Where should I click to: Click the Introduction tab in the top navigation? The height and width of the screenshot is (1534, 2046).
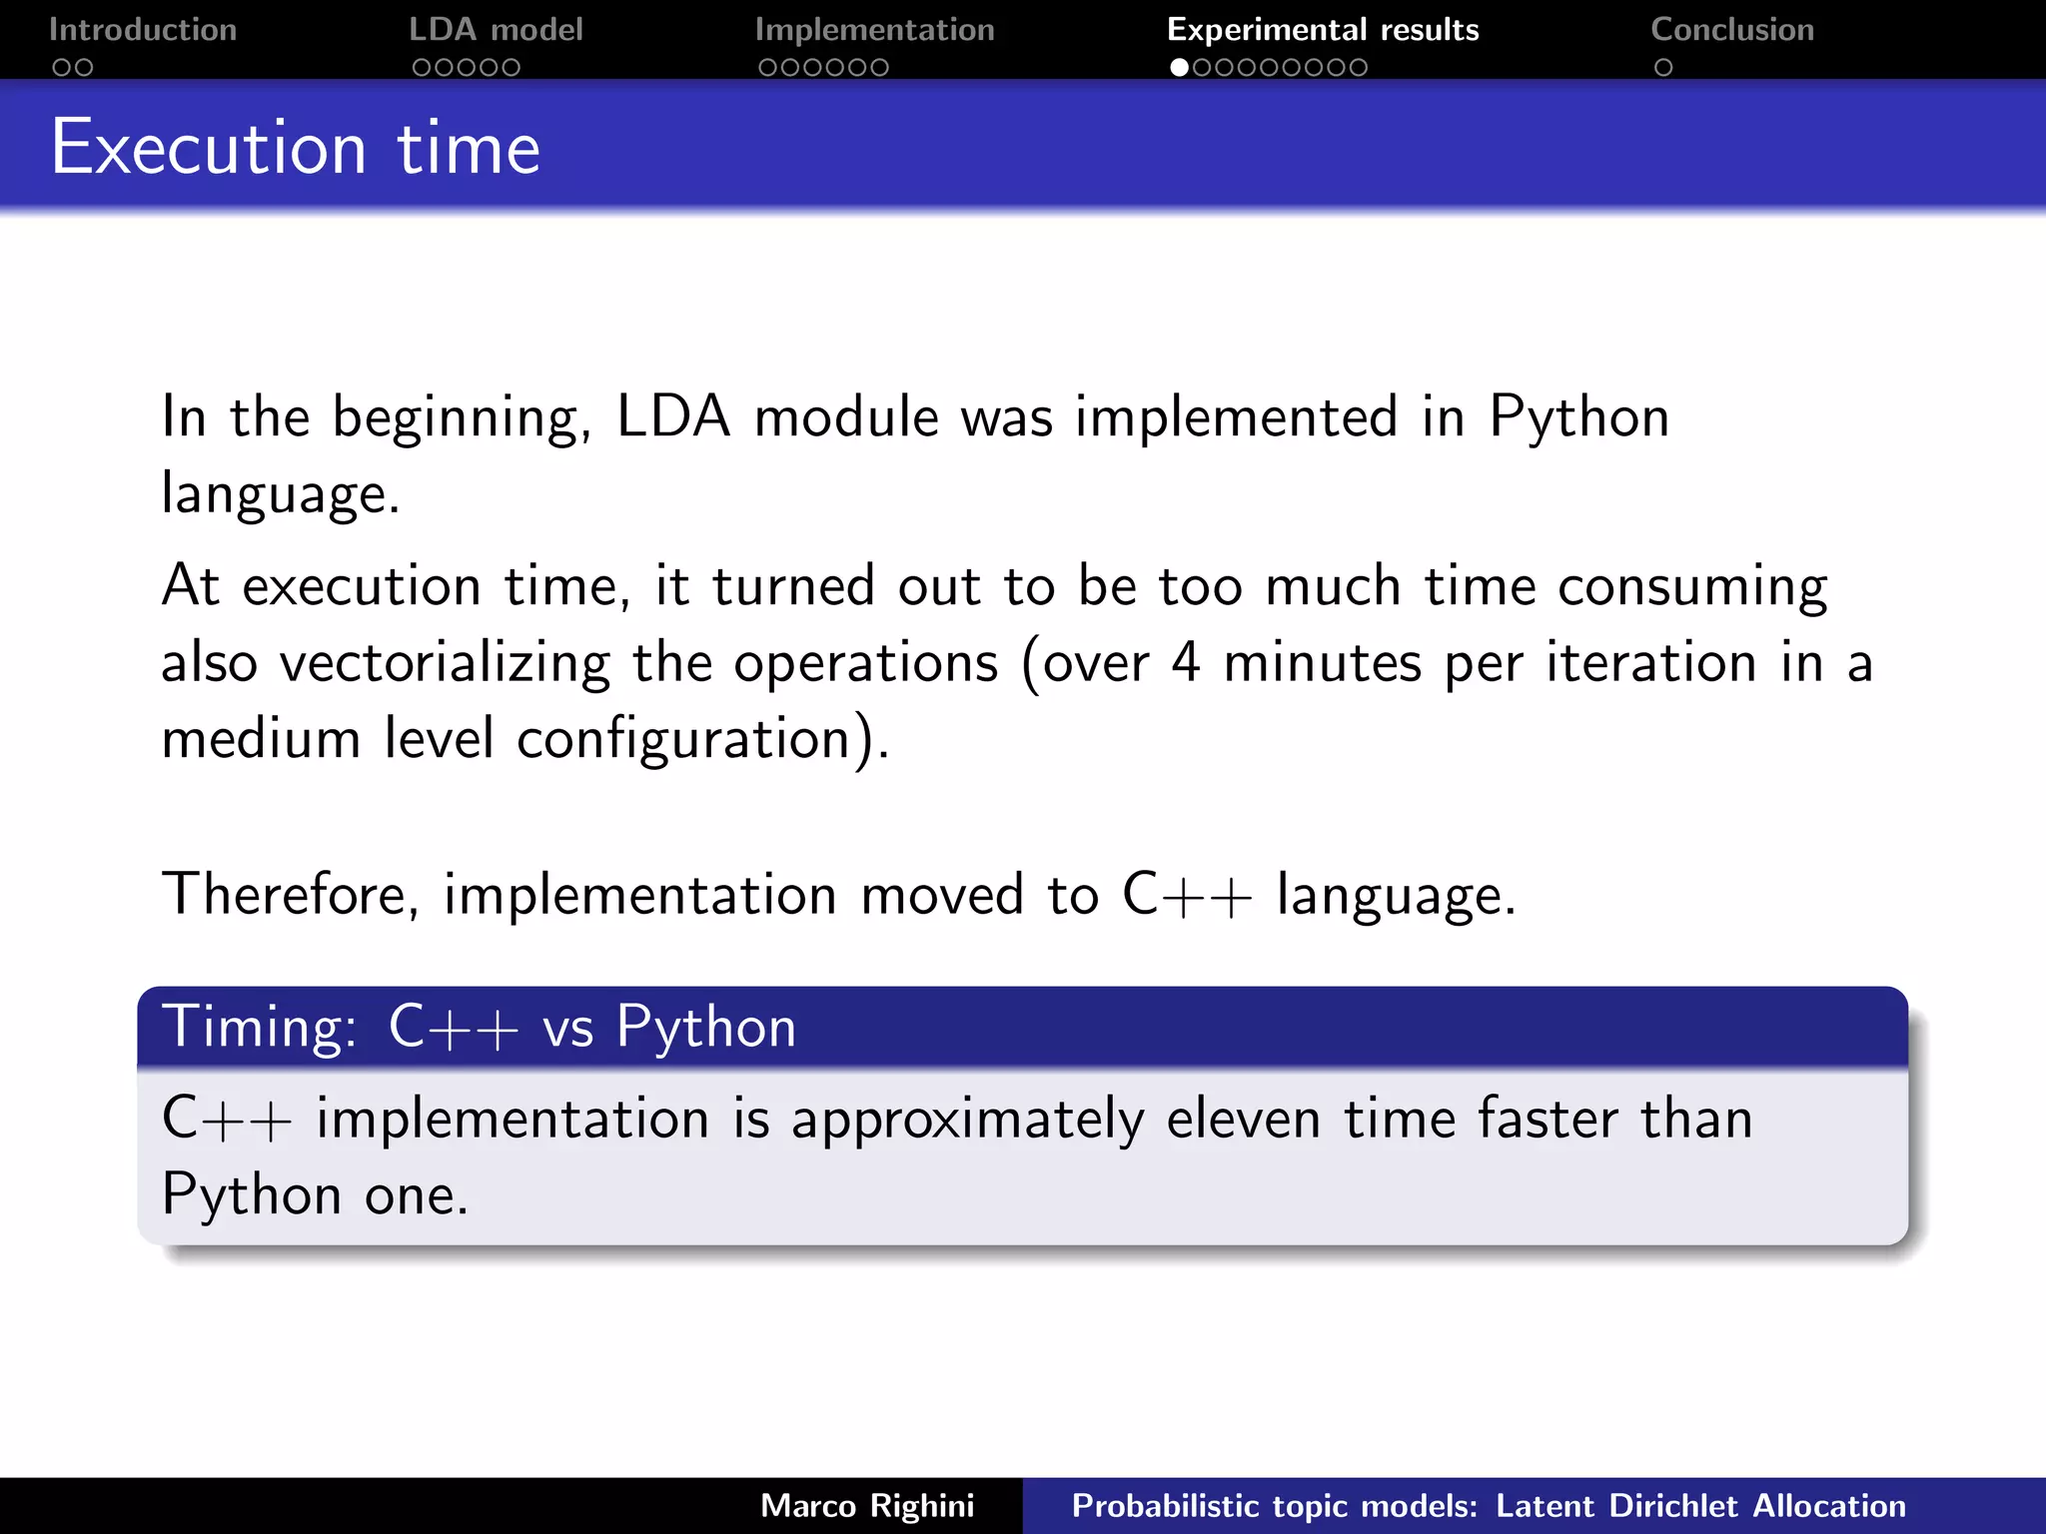pyautogui.click(x=142, y=30)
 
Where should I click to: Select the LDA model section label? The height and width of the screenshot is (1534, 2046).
pyautogui.click(x=496, y=30)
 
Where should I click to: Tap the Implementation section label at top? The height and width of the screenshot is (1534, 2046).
pyautogui.click(x=874, y=30)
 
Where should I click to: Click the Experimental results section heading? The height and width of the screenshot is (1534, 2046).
pyautogui.click(x=1322, y=30)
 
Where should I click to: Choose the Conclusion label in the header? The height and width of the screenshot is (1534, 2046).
pyautogui.click(x=1731, y=30)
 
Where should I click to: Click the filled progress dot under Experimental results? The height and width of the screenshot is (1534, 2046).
pyautogui.click(x=1179, y=68)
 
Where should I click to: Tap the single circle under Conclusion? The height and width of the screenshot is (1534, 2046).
pyautogui.click(x=1662, y=68)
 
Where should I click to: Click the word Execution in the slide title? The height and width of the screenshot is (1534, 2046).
pyautogui.click(x=209, y=148)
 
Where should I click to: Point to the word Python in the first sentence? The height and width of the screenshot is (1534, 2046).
pyautogui.click(x=1578, y=417)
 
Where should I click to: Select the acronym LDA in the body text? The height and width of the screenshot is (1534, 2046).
pyautogui.click(x=673, y=417)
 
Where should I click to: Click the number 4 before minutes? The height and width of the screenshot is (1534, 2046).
pyautogui.click(x=1185, y=663)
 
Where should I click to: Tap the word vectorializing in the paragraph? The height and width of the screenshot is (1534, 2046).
pyautogui.click(x=445, y=663)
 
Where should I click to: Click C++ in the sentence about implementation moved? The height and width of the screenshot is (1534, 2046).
pyautogui.click(x=1186, y=894)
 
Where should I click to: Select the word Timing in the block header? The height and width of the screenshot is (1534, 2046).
pyautogui.click(x=258, y=1028)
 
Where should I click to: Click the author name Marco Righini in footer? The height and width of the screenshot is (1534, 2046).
pyautogui.click(x=866, y=1506)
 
